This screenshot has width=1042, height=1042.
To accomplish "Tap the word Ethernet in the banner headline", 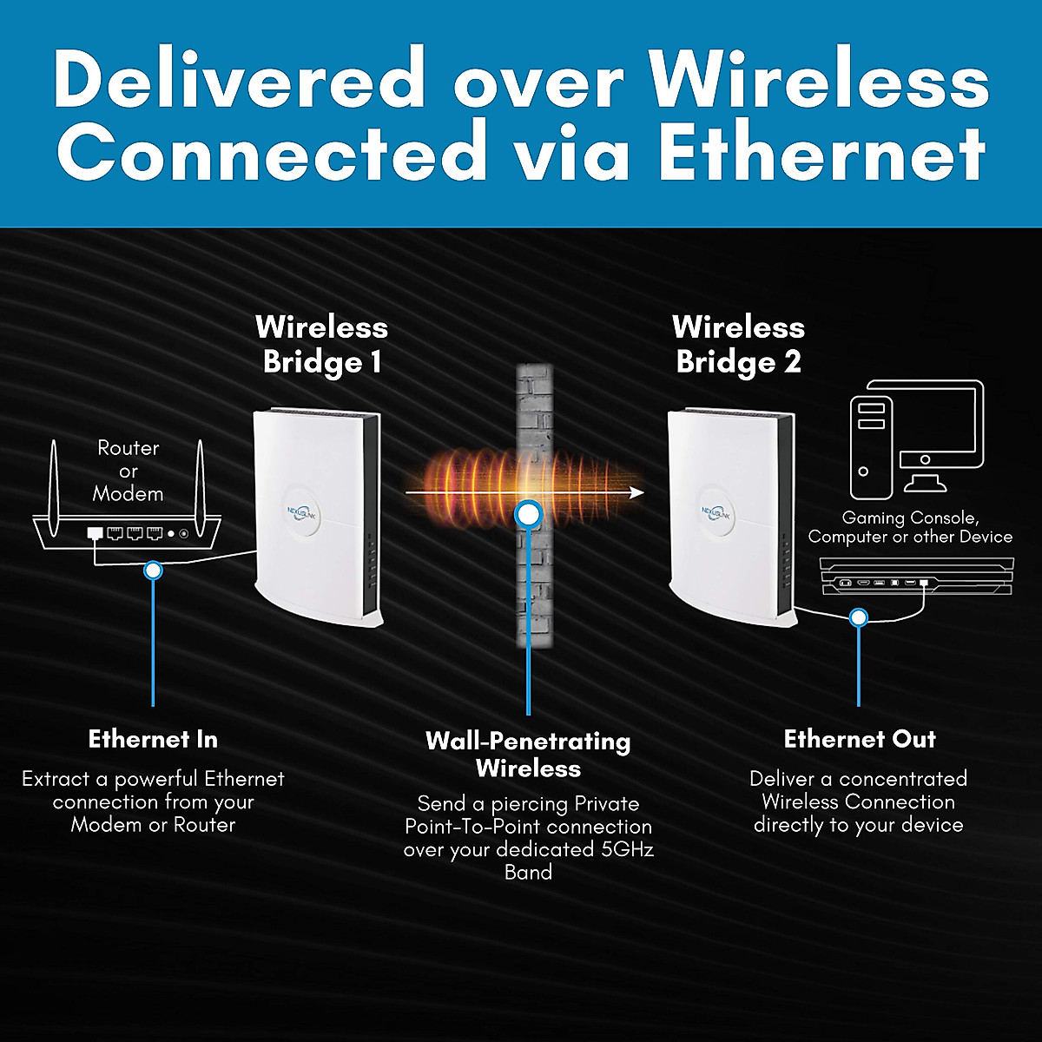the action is pos(821,153).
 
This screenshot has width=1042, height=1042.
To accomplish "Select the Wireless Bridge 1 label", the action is pos(321,344).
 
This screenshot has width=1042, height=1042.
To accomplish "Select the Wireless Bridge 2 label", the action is pos(738,344).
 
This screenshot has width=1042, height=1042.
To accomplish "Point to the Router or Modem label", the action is pos(129,471).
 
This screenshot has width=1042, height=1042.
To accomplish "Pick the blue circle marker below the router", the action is pos(154,570).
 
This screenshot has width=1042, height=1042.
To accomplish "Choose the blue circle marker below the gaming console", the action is pos(859,617).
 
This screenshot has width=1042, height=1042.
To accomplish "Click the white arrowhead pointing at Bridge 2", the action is pos(636,492).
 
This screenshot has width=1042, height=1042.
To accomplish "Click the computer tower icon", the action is pos(870,448).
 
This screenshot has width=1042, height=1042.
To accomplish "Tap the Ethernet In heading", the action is pos(153,739).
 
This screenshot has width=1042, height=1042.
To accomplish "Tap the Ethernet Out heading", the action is pos(860,739).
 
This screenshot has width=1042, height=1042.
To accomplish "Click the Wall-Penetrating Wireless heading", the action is pos(528,754).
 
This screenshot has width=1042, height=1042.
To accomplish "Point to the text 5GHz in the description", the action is pos(627,849).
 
